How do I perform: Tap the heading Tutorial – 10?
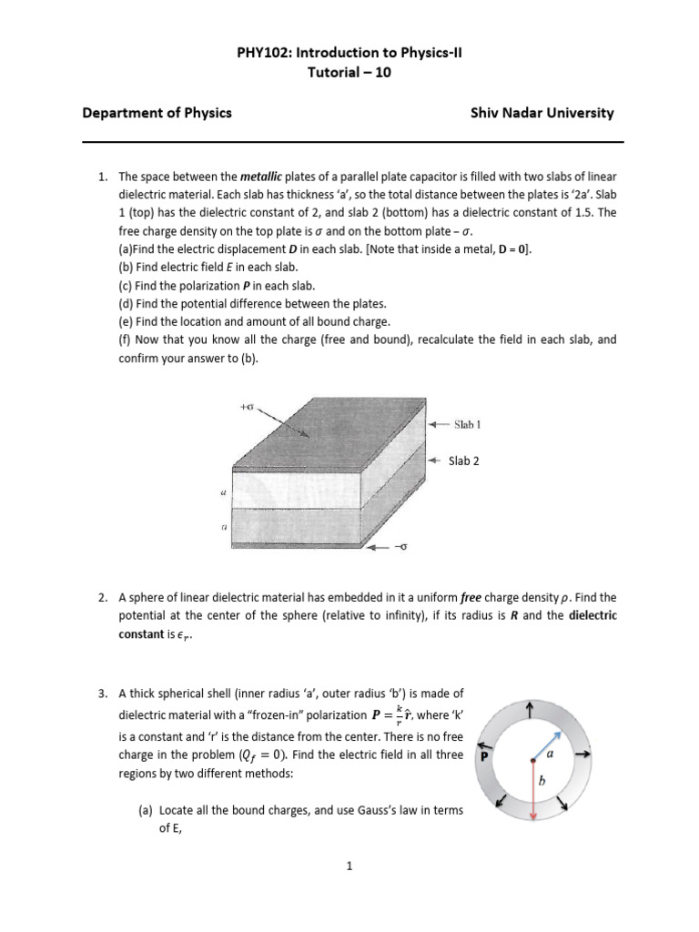pos(349,74)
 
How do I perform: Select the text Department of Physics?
pos(157,114)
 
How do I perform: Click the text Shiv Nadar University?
pos(542,114)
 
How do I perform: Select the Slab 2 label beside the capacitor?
pos(464,461)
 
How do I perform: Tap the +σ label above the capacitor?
pos(247,408)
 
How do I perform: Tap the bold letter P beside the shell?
pos(486,755)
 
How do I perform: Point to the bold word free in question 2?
pos(471,598)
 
